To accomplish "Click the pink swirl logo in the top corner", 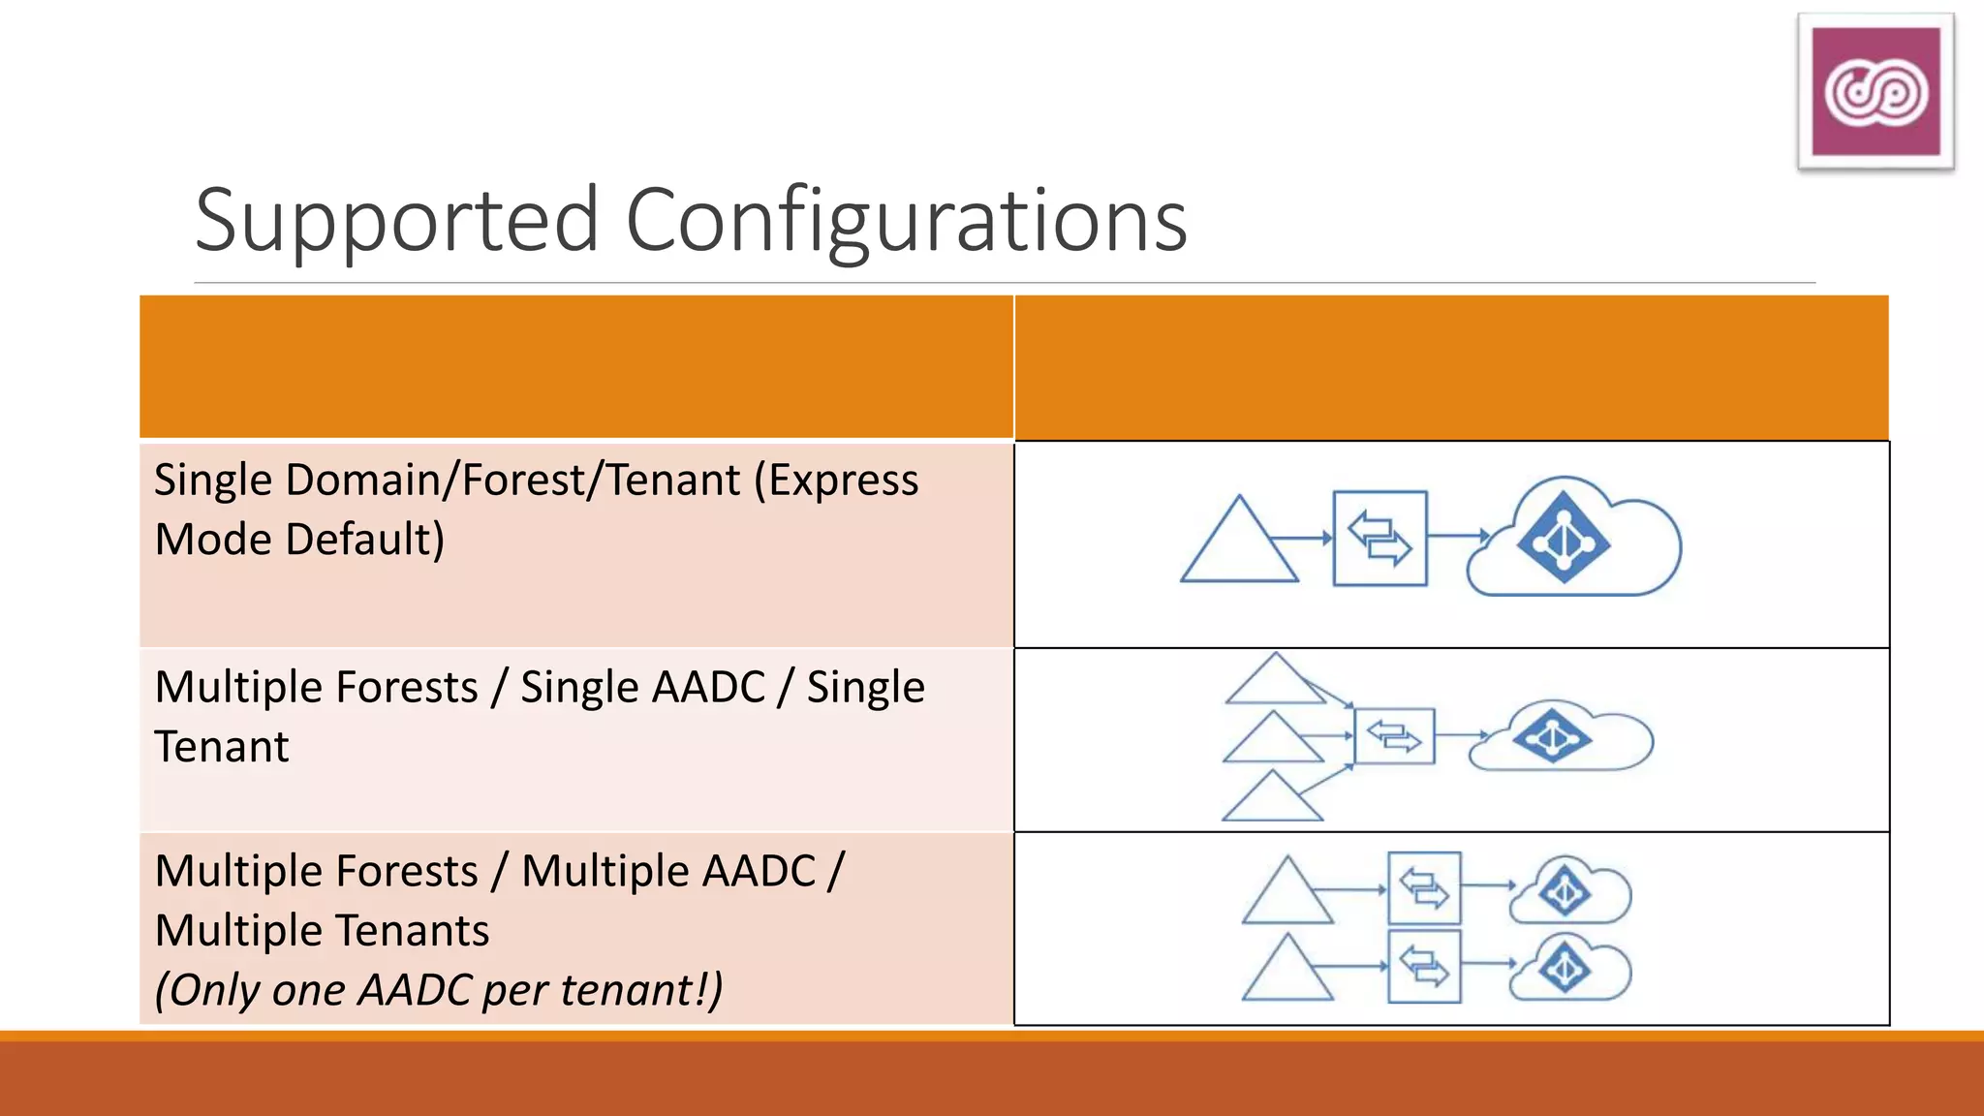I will [1875, 92].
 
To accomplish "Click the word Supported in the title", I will [397, 221].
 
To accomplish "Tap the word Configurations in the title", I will [906, 221].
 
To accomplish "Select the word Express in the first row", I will [836, 480].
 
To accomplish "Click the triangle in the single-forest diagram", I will [1239, 547].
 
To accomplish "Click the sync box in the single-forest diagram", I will [1379, 539].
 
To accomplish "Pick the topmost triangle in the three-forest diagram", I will [1275, 682].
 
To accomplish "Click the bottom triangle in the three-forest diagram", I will [1272, 800].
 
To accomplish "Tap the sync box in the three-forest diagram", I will [1394, 737].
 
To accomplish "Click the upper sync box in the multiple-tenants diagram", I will [1423, 888].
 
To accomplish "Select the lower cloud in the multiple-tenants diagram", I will [1570, 969].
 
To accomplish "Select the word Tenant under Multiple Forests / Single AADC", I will [222, 747].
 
